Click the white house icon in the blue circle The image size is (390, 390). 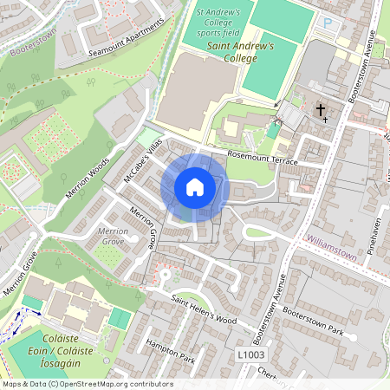(x=195, y=187)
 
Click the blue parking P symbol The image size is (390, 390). (x=328, y=23)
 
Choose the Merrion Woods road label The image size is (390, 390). (x=88, y=179)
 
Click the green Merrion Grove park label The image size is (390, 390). (x=113, y=237)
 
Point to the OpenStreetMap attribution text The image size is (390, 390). (x=87, y=383)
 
